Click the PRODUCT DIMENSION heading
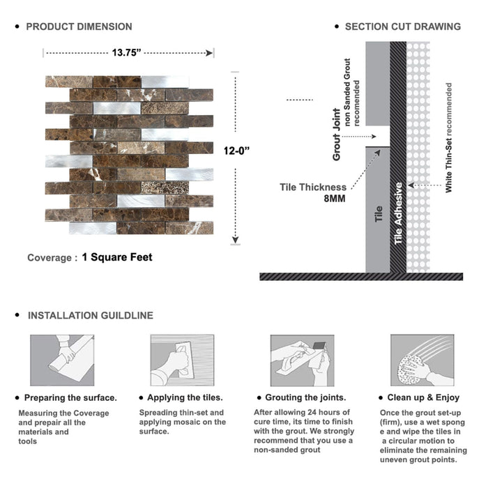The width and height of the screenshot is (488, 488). point(79,26)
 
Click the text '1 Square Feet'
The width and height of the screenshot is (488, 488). point(116,257)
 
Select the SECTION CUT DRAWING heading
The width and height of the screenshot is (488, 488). point(402,26)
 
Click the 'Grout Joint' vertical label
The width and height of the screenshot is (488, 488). point(337,135)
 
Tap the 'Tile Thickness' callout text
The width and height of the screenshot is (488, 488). point(313,187)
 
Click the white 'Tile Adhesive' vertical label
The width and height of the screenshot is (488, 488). point(399,213)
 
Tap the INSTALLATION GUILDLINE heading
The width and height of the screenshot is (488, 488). point(90,315)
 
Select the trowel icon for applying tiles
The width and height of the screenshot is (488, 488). point(181,360)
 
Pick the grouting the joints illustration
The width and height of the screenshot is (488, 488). point(302,360)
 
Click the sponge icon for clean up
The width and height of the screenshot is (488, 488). point(422,360)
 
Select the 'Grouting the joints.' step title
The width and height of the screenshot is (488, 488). point(305,398)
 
